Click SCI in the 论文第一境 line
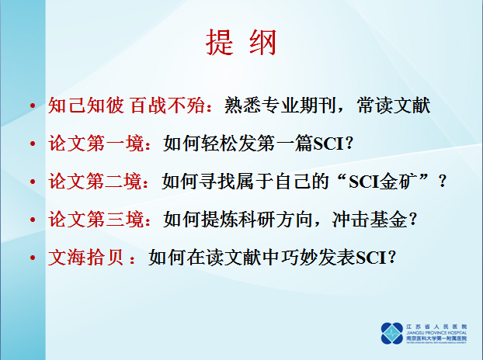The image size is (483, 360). click(x=332, y=144)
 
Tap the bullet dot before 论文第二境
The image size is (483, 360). click(x=32, y=182)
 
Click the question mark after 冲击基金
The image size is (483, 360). click(x=415, y=220)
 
